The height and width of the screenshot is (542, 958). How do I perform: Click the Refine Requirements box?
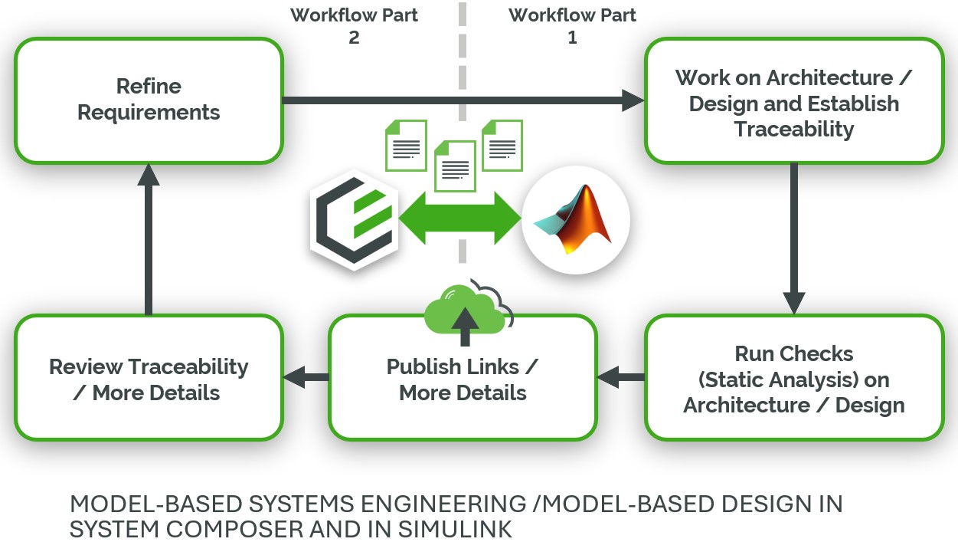[x=149, y=100]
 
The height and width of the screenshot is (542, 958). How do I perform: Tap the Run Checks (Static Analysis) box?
[x=793, y=378]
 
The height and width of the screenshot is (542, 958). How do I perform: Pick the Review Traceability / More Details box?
[x=149, y=379]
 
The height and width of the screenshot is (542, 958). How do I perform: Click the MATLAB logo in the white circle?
[x=575, y=222]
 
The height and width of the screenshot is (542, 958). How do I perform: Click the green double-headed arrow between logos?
[x=460, y=218]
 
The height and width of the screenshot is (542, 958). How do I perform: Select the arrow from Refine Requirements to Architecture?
[x=459, y=100]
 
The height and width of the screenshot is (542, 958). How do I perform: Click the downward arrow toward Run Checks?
[x=793, y=238]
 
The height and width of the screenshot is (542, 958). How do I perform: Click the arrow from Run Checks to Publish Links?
[x=621, y=376]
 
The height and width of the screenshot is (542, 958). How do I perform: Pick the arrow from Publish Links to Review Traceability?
[x=306, y=376]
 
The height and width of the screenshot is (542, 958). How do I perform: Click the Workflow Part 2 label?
[x=354, y=26]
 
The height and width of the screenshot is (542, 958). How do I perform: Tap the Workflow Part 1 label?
[x=572, y=26]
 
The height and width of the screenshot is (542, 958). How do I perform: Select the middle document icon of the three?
[x=455, y=166]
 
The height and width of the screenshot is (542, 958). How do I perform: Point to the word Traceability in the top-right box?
[x=793, y=129]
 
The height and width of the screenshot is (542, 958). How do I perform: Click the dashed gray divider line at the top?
[x=461, y=46]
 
